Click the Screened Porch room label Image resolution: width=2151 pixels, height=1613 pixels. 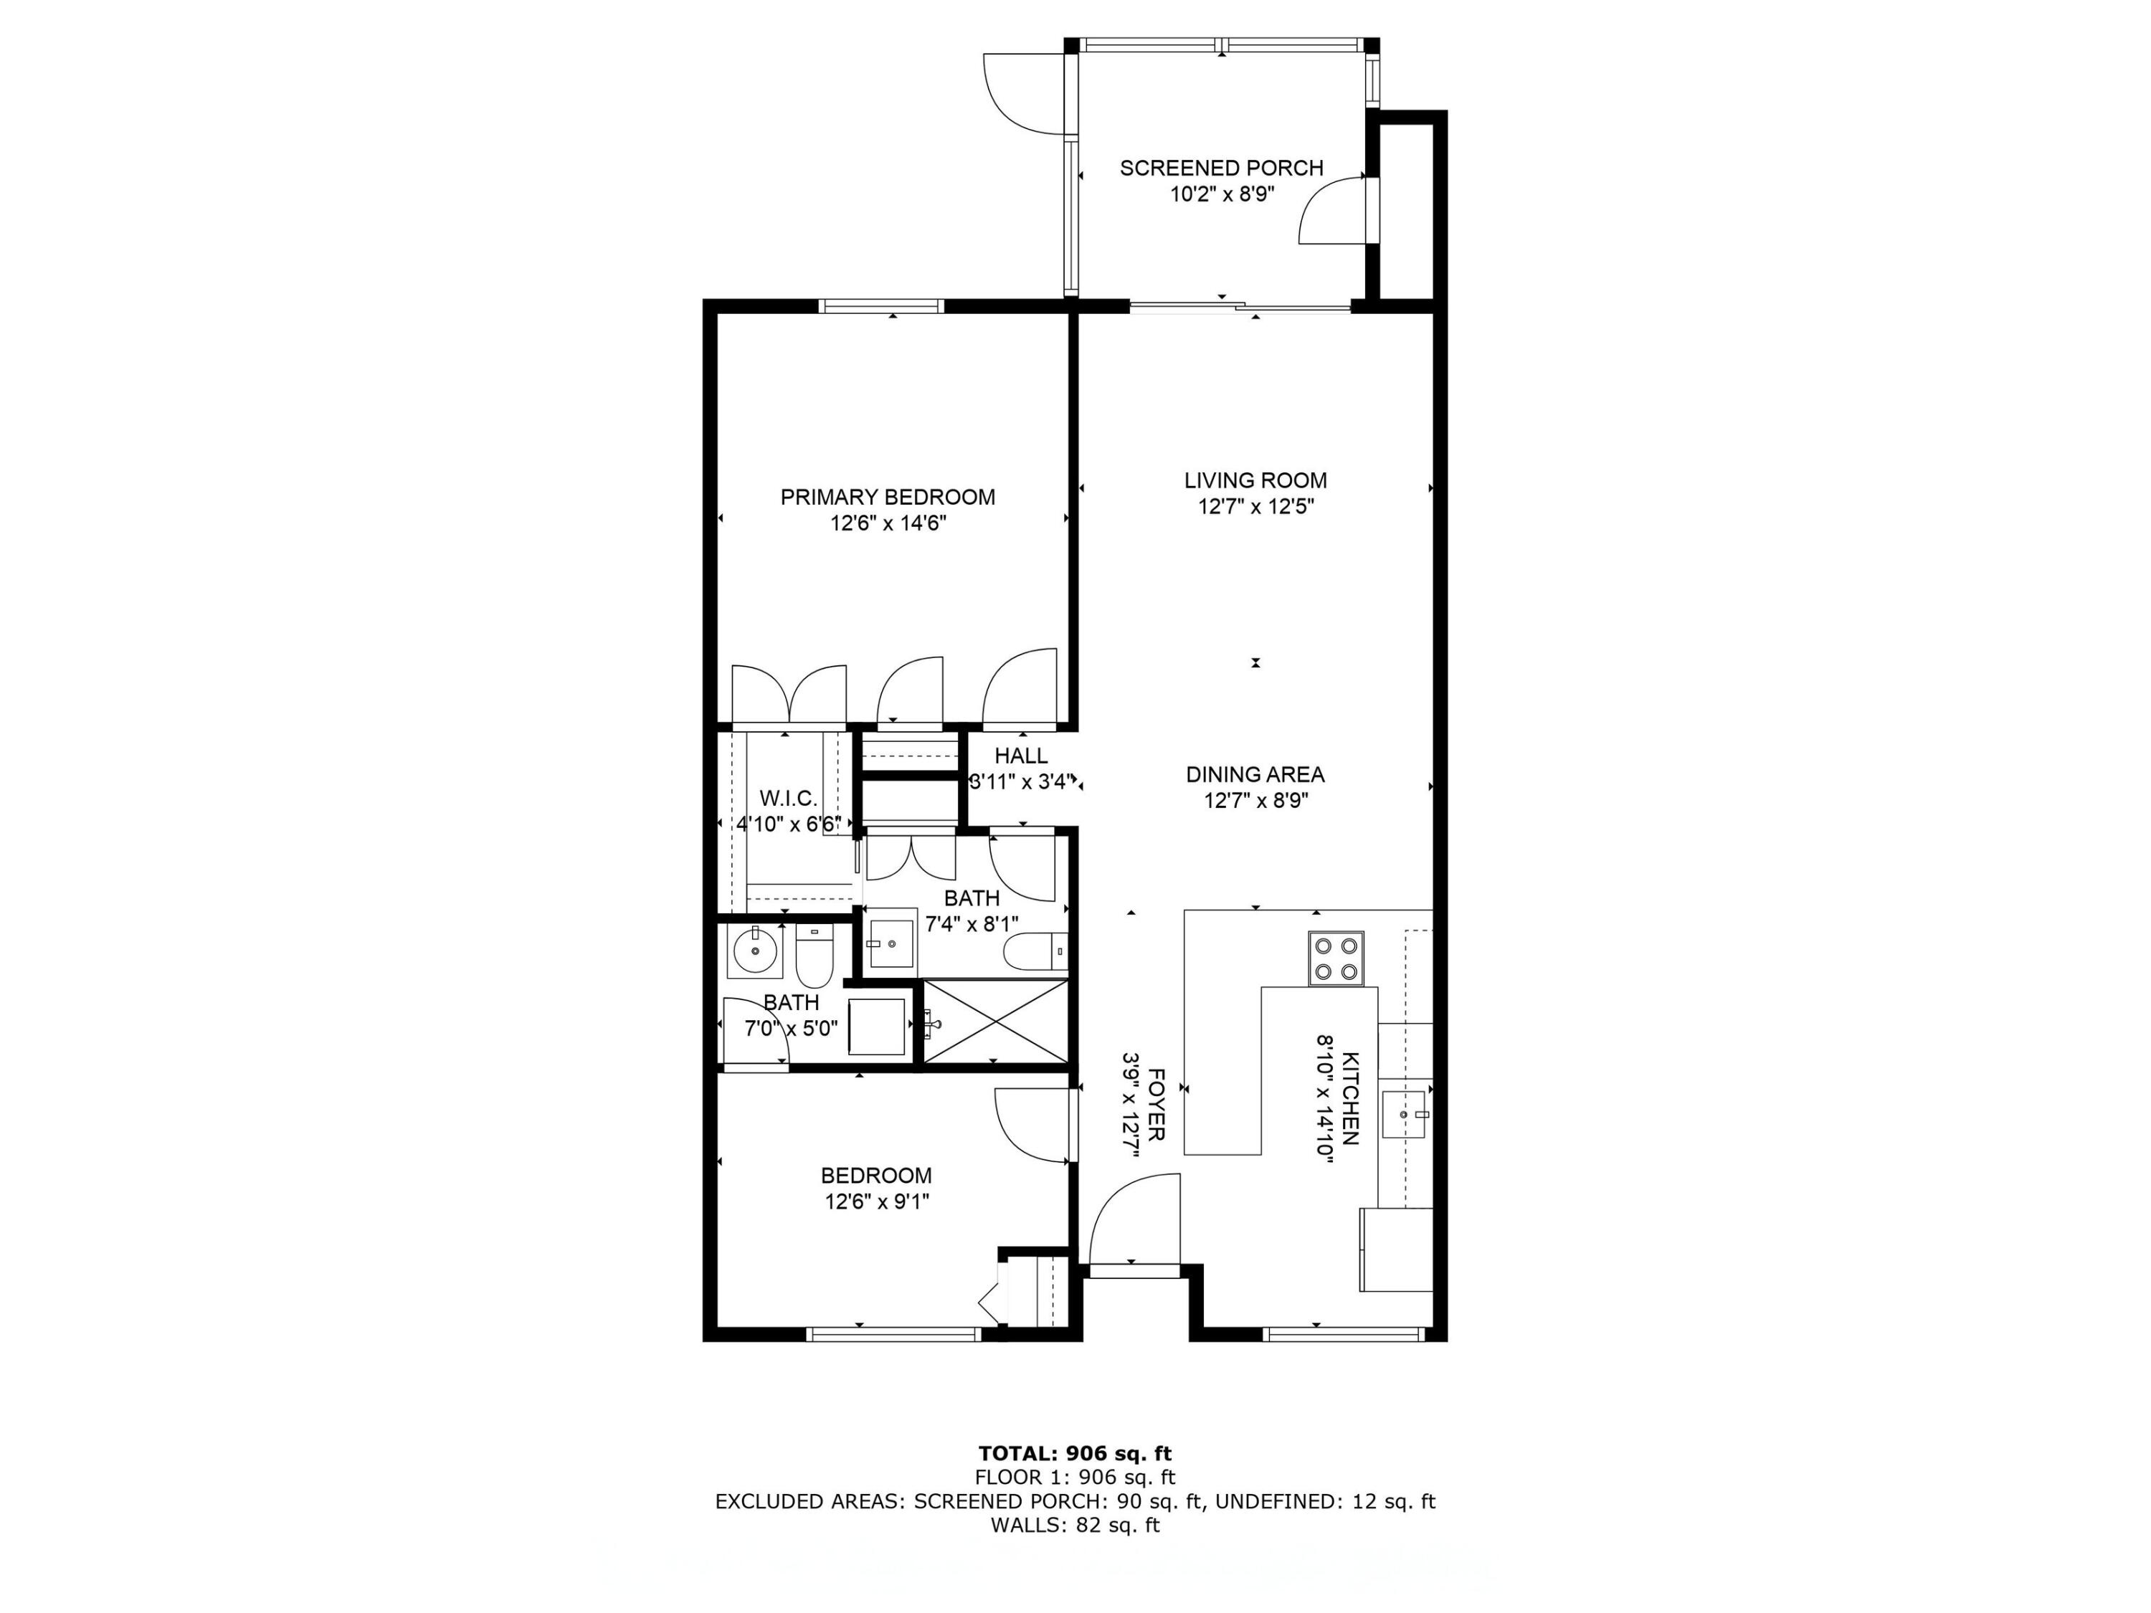pyautogui.click(x=1221, y=168)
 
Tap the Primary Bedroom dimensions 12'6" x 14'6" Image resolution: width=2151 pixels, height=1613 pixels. pyautogui.click(x=888, y=523)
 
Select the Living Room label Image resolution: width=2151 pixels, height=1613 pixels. pyautogui.click(x=1255, y=480)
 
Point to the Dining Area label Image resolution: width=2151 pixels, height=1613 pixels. pyautogui.click(x=1255, y=775)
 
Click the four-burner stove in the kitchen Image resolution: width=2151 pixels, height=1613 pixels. pyautogui.click(x=1336, y=958)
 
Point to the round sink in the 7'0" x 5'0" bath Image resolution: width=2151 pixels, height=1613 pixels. pyautogui.click(x=754, y=950)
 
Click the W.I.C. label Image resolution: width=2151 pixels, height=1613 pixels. pyautogui.click(x=788, y=798)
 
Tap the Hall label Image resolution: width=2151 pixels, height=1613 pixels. pyautogui.click(x=1021, y=756)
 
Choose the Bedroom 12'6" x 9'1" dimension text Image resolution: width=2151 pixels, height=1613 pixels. pyautogui.click(x=877, y=1202)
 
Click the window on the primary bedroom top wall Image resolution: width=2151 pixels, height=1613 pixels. pyautogui.click(x=881, y=306)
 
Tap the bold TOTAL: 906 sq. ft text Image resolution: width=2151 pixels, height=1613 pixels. pyautogui.click(x=1075, y=1454)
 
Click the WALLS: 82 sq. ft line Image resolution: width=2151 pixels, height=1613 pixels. pyautogui.click(x=1075, y=1526)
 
